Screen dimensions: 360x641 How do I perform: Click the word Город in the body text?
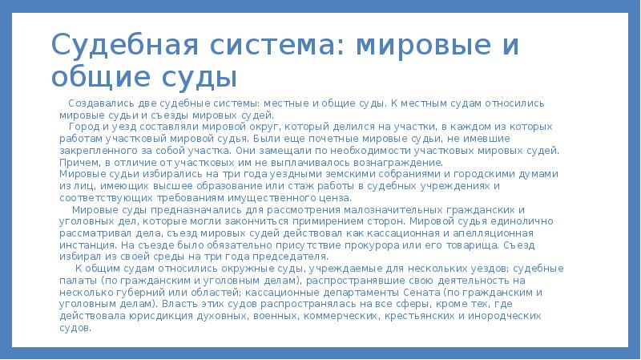click(83, 127)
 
